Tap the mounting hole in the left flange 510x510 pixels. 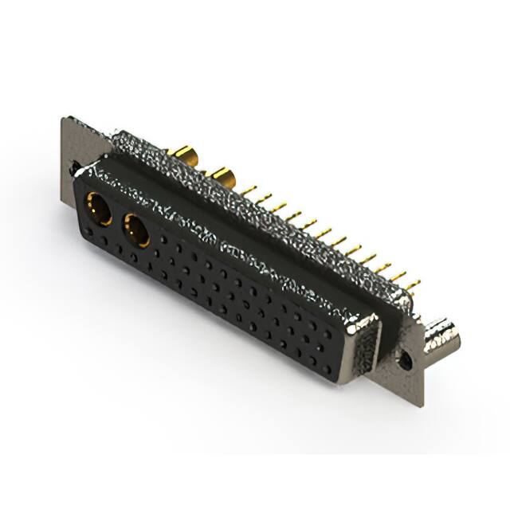[74, 169]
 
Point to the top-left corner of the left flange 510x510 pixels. [64, 120]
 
